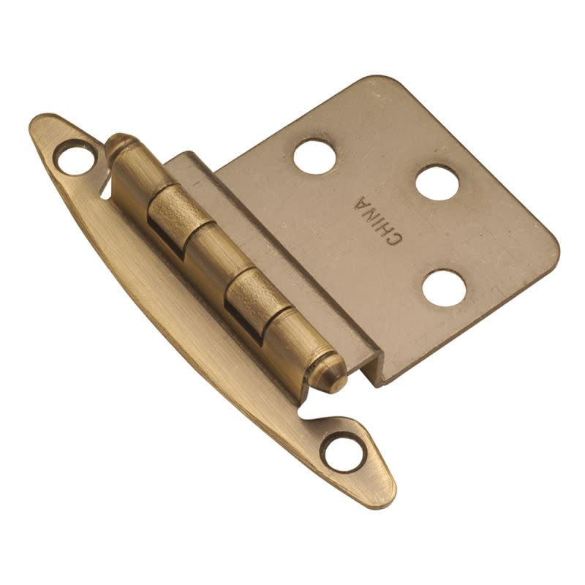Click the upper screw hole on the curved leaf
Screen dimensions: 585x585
tap(75, 156)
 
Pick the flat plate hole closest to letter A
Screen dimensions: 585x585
tap(437, 182)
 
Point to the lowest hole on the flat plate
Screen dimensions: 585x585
tap(444, 287)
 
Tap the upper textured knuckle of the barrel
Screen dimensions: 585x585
tap(173, 209)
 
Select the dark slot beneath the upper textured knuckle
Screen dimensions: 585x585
tap(170, 241)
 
